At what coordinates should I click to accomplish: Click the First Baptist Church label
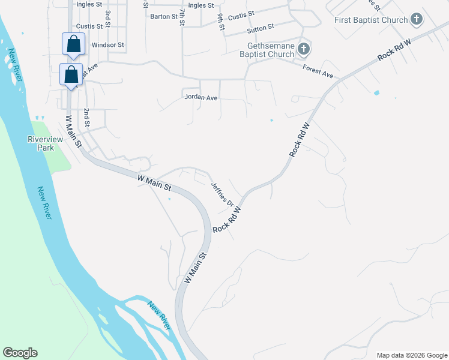point(372,20)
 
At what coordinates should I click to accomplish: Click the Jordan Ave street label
point(201,97)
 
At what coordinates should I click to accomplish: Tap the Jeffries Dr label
point(221,195)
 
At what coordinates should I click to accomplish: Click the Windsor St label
point(107,45)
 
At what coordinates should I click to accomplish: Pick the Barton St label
point(160,17)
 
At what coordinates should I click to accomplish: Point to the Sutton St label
point(260,28)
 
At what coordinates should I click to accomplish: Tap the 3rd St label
point(107,18)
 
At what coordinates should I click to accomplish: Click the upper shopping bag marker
point(73,44)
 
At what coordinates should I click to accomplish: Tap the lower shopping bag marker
point(70,74)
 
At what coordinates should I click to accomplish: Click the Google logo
point(20,353)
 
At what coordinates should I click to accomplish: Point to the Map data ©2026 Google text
point(412,355)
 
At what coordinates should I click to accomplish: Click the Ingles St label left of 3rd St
point(90,4)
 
